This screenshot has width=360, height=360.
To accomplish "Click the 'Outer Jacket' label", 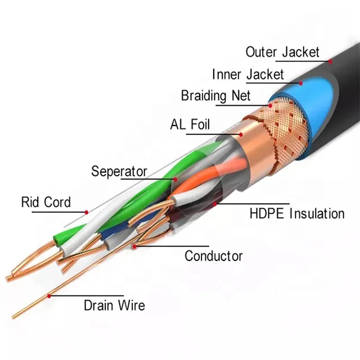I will (282, 52).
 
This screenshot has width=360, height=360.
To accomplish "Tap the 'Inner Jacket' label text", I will (247, 74).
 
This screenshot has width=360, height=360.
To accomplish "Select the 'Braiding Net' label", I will (215, 96).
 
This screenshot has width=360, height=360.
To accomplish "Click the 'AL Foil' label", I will (190, 124).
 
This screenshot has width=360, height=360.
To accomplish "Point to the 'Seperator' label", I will (119, 171).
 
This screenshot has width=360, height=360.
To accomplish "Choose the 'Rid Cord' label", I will (46, 202).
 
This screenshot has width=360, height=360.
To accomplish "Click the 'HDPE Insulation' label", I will (296, 213).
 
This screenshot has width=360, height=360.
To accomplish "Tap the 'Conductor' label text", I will (214, 256).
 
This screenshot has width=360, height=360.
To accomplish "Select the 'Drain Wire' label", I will (114, 305).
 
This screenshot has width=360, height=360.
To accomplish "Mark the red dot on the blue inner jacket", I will (300, 83).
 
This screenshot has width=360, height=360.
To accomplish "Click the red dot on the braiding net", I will (270, 104).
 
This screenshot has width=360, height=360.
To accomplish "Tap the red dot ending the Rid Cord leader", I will (87, 212).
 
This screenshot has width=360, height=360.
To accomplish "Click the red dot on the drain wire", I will (49, 295).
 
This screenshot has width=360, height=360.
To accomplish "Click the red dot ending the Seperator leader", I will (175, 179).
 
